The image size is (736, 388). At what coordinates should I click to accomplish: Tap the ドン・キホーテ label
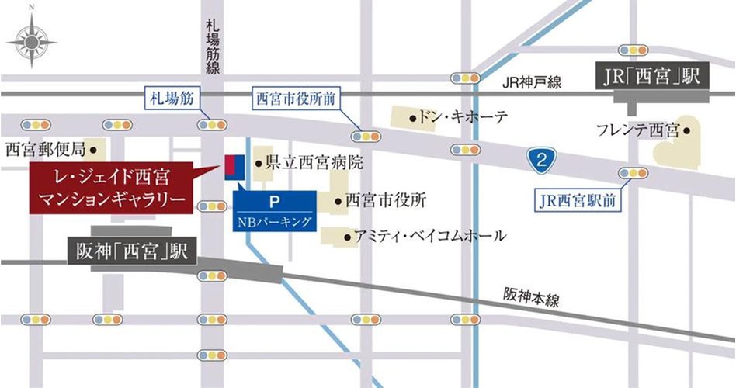462,117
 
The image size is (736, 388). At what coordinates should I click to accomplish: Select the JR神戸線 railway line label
531,83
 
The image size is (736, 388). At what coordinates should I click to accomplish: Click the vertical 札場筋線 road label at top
212,46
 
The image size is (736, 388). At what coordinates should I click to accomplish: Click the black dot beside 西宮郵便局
93,147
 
